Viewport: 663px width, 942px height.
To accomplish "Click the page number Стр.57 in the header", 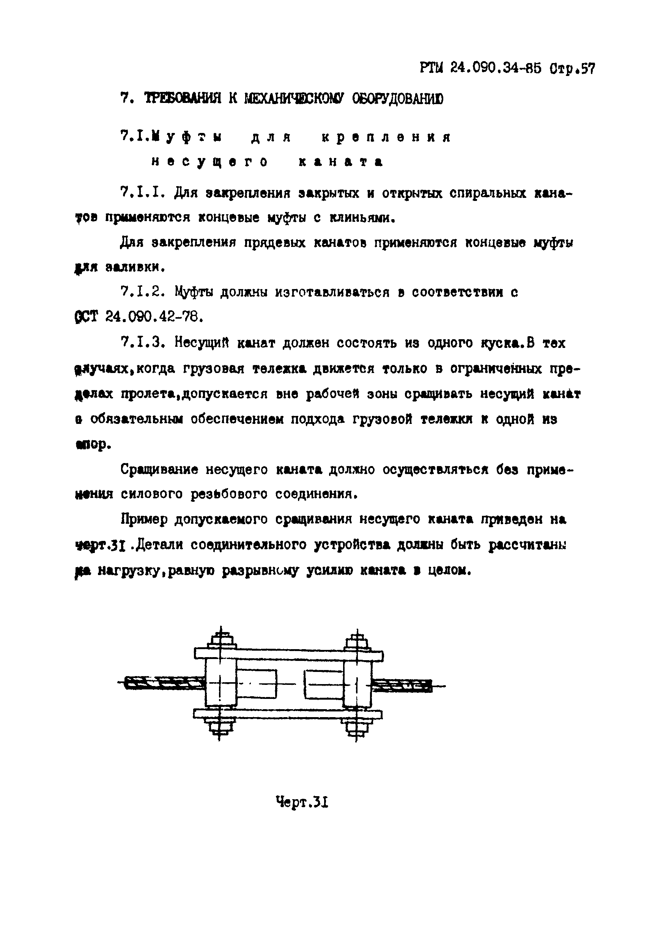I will (x=572, y=68).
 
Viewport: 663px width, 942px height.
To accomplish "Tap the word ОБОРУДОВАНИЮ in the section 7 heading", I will (x=398, y=99).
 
